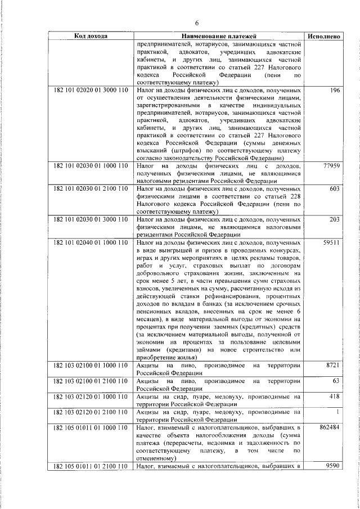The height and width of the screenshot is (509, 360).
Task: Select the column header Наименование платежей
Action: click(219, 36)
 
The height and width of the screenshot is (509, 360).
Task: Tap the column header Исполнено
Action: click(323, 36)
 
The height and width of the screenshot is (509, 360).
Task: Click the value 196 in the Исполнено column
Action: click(335, 91)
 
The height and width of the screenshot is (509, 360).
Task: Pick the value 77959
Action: click(331, 167)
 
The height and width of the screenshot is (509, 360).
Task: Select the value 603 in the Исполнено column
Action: click(334, 189)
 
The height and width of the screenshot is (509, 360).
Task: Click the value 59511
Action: click(331, 241)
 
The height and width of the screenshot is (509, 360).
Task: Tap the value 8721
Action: click(333, 366)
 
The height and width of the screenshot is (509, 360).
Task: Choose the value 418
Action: click(335, 397)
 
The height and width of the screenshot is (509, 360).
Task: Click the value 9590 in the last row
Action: click(333, 466)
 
